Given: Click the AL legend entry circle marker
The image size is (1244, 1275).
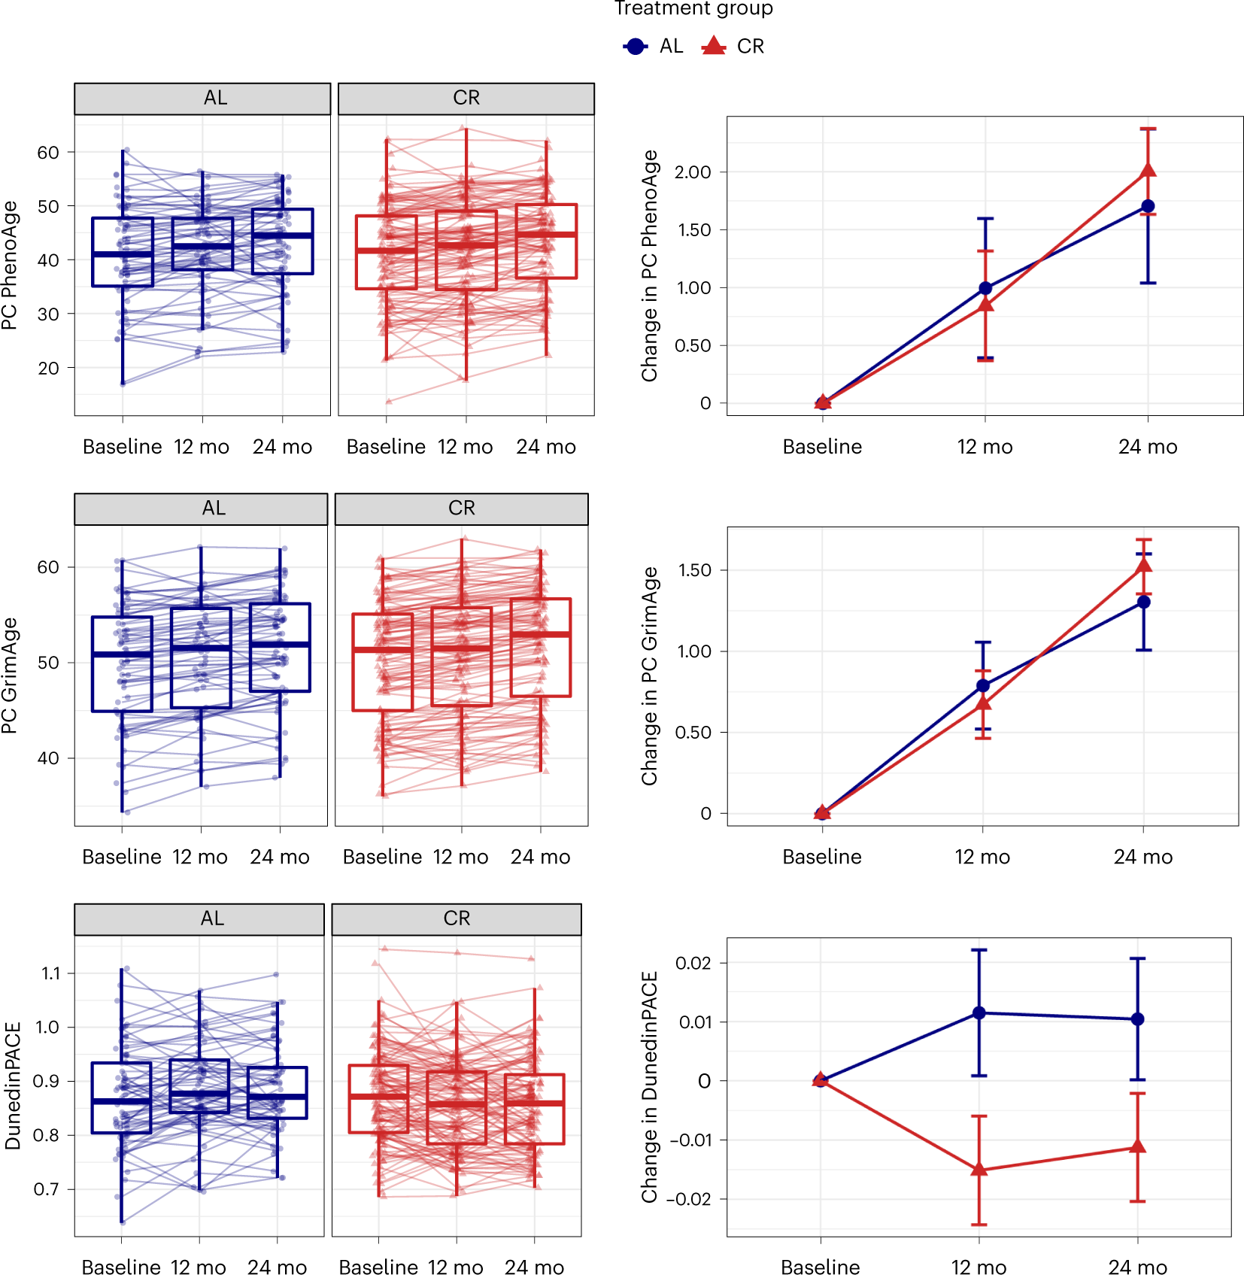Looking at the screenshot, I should click(636, 47).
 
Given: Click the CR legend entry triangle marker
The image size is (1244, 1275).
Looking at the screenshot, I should click(713, 47).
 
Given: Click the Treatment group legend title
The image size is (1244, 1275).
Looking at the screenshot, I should click(693, 8).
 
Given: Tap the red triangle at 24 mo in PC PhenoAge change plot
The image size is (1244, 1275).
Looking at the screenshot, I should click(1148, 170).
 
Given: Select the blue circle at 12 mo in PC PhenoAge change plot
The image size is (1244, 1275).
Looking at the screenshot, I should click(985, 288).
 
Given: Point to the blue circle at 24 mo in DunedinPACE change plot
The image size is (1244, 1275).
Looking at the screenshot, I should click(1137, 1019).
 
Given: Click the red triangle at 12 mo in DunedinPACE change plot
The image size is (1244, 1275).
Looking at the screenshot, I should click(979, 1170).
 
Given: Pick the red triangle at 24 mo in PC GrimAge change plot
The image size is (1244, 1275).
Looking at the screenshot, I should click(1143, 566).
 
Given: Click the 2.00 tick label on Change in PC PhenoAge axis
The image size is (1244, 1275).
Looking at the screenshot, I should click(693, 172).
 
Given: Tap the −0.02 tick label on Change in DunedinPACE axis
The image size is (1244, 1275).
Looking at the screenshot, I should click(689, 1199).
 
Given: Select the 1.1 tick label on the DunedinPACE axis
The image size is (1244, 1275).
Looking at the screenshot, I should click(50, 973).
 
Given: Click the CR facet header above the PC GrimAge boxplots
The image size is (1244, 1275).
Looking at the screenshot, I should click(461, 508).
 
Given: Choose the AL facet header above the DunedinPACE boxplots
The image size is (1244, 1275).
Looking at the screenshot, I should click(212, 918).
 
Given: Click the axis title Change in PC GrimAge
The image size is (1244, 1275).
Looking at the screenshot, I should click(650, 675).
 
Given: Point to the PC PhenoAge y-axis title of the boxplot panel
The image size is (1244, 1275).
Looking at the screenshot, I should click(9, 265).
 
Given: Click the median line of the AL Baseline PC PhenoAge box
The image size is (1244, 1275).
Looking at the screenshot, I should click(123, 254).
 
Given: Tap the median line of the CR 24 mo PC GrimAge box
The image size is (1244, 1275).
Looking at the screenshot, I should click(540, 635).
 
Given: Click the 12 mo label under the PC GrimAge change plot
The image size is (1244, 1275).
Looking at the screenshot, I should click(982, 857).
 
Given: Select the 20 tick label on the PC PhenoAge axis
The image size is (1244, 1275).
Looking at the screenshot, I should click(48, 369).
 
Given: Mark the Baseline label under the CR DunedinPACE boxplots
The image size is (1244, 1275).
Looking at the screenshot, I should click(378, 1267).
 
